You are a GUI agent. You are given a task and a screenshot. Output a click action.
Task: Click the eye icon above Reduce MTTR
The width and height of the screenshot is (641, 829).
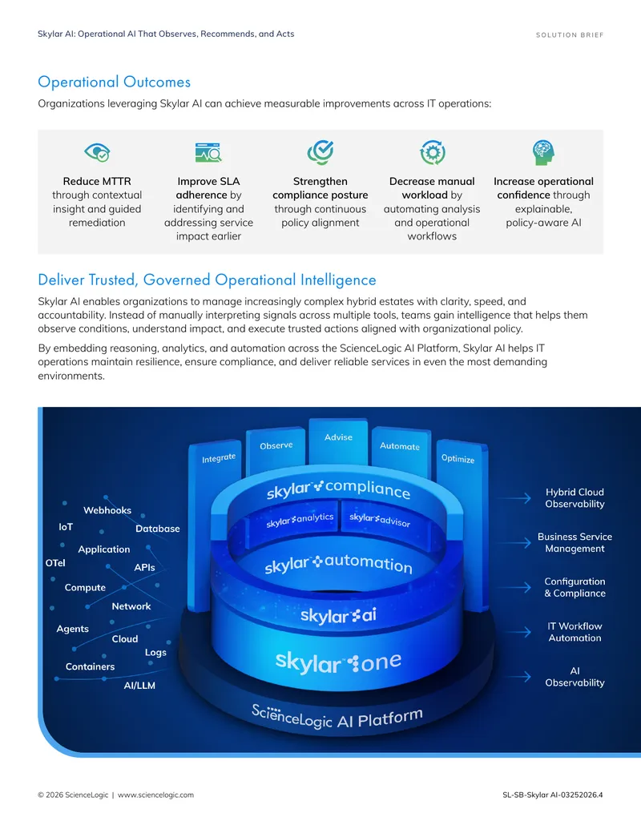pyautogui.click(x=97, y=152)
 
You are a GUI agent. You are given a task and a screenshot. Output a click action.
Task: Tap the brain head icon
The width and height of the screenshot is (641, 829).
pyautogui.click(x=543, y=153)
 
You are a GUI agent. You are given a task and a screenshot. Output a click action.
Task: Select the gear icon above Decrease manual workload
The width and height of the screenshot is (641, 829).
pyautogui.click(x=432, y=153)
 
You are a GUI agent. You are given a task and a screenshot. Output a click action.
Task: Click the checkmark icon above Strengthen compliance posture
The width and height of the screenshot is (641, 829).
pyautogui.click(x=320, y=153)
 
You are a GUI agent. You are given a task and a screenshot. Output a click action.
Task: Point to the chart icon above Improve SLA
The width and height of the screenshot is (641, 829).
pyautogui.click(x=208, y=152)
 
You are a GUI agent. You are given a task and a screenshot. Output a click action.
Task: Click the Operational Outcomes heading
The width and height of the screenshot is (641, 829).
pyautogui.click(x=115, y=82)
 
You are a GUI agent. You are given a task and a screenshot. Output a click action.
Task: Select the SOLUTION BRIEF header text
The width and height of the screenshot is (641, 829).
pyautogui.click(x=570, y=35)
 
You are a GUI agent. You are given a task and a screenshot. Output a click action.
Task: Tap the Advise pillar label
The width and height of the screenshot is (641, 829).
pyautogui.click(x=338, y=437)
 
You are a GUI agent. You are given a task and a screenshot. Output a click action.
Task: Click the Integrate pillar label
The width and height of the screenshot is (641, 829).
pyautogui.click(x=219, y=458)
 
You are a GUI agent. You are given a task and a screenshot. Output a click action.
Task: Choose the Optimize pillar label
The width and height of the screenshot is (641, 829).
pyautogui.click(x=458, y=458)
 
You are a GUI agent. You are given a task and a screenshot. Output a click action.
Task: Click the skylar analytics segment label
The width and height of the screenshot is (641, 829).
pyautogui.click(x=300, y=521)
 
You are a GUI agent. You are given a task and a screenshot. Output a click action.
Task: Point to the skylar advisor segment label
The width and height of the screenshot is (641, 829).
pyautogui.click(x=380, y=520)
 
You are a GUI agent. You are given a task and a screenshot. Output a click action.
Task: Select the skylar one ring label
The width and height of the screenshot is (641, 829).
pyautogui.click(x=338, y=662)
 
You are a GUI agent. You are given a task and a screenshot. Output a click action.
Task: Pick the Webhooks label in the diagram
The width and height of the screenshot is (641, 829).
pyautogui.click(x=107, y=510)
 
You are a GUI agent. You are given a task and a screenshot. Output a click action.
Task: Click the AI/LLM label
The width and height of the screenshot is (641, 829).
pyautogui.click(x=139, y=685)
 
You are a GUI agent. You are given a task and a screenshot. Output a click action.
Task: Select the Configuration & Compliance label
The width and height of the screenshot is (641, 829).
pyautogui.click(x=574, y=587)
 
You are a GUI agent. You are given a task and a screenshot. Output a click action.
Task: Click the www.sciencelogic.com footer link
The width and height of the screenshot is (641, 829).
pyautogui.click(x=155, y=795)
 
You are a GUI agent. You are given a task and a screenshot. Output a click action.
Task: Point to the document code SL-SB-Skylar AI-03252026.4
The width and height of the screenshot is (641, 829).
pyautogui.click(x=553, y=795)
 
